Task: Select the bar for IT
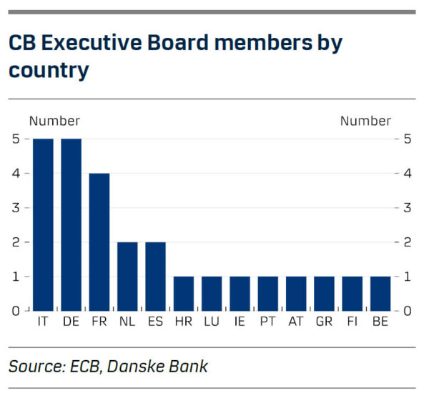click(x=43, y=225)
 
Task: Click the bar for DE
click(x=71, y=225)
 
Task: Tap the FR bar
click(x=99, y=242)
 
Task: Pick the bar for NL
click(x=127, y=277)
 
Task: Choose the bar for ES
click(x=155, y=277)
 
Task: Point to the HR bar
click(x=184, y=294)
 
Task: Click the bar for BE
click(x=380, y=294)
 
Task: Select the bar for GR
click(x=324, y=294)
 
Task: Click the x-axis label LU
click(x=212, y=322)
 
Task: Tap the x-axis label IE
click(x=240, y=322)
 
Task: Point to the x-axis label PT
click(x=267, y=322)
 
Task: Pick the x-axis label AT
click(x=296, y=322)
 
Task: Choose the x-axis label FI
click(x=352, y=322)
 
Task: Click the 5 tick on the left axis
click(x=16, y=139)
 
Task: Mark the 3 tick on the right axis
click(x=408, y=208)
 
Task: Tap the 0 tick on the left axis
click(x=16, y=311)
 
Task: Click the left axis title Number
click(x=54, y=121)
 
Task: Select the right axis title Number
click(x=365, y=121)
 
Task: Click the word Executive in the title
click(x=92, y=43)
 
